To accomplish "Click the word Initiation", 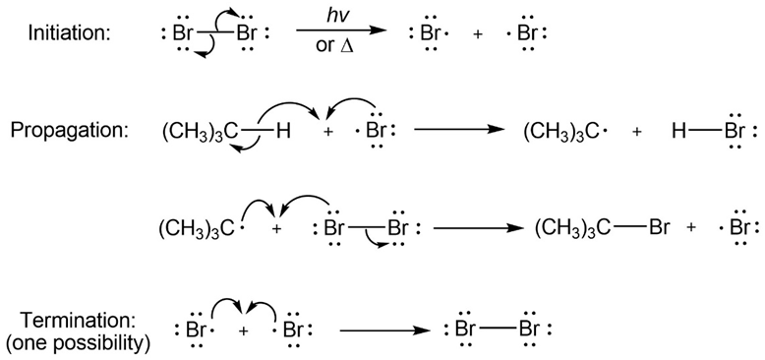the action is click(70, 33).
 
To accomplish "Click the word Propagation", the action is click(69, 131).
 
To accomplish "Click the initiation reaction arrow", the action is click(341, 30).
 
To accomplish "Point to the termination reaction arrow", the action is click(384, 330).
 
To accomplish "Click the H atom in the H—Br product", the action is click(678, 132).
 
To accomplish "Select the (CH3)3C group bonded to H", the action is click(201, 132).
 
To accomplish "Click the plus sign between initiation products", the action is click(478, 35).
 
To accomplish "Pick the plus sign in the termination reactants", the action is click(244, 330).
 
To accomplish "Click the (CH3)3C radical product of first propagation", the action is click(560, 132).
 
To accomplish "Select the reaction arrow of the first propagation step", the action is click(458, 130).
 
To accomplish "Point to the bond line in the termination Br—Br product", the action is click(496, 330).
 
